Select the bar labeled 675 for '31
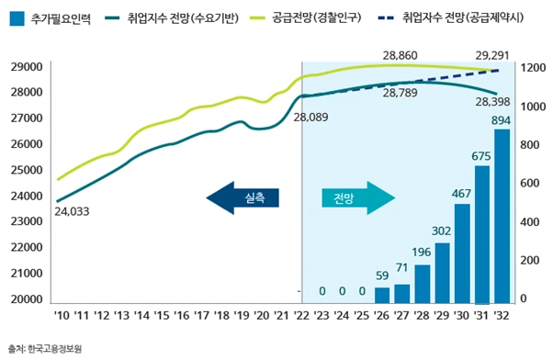pos(481,234)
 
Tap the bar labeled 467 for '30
pos(462,253)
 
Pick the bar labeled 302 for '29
pos(442,272)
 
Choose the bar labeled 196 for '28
pos(423,283)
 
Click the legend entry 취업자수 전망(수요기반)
pos(174,18)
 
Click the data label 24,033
pos(73,211)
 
